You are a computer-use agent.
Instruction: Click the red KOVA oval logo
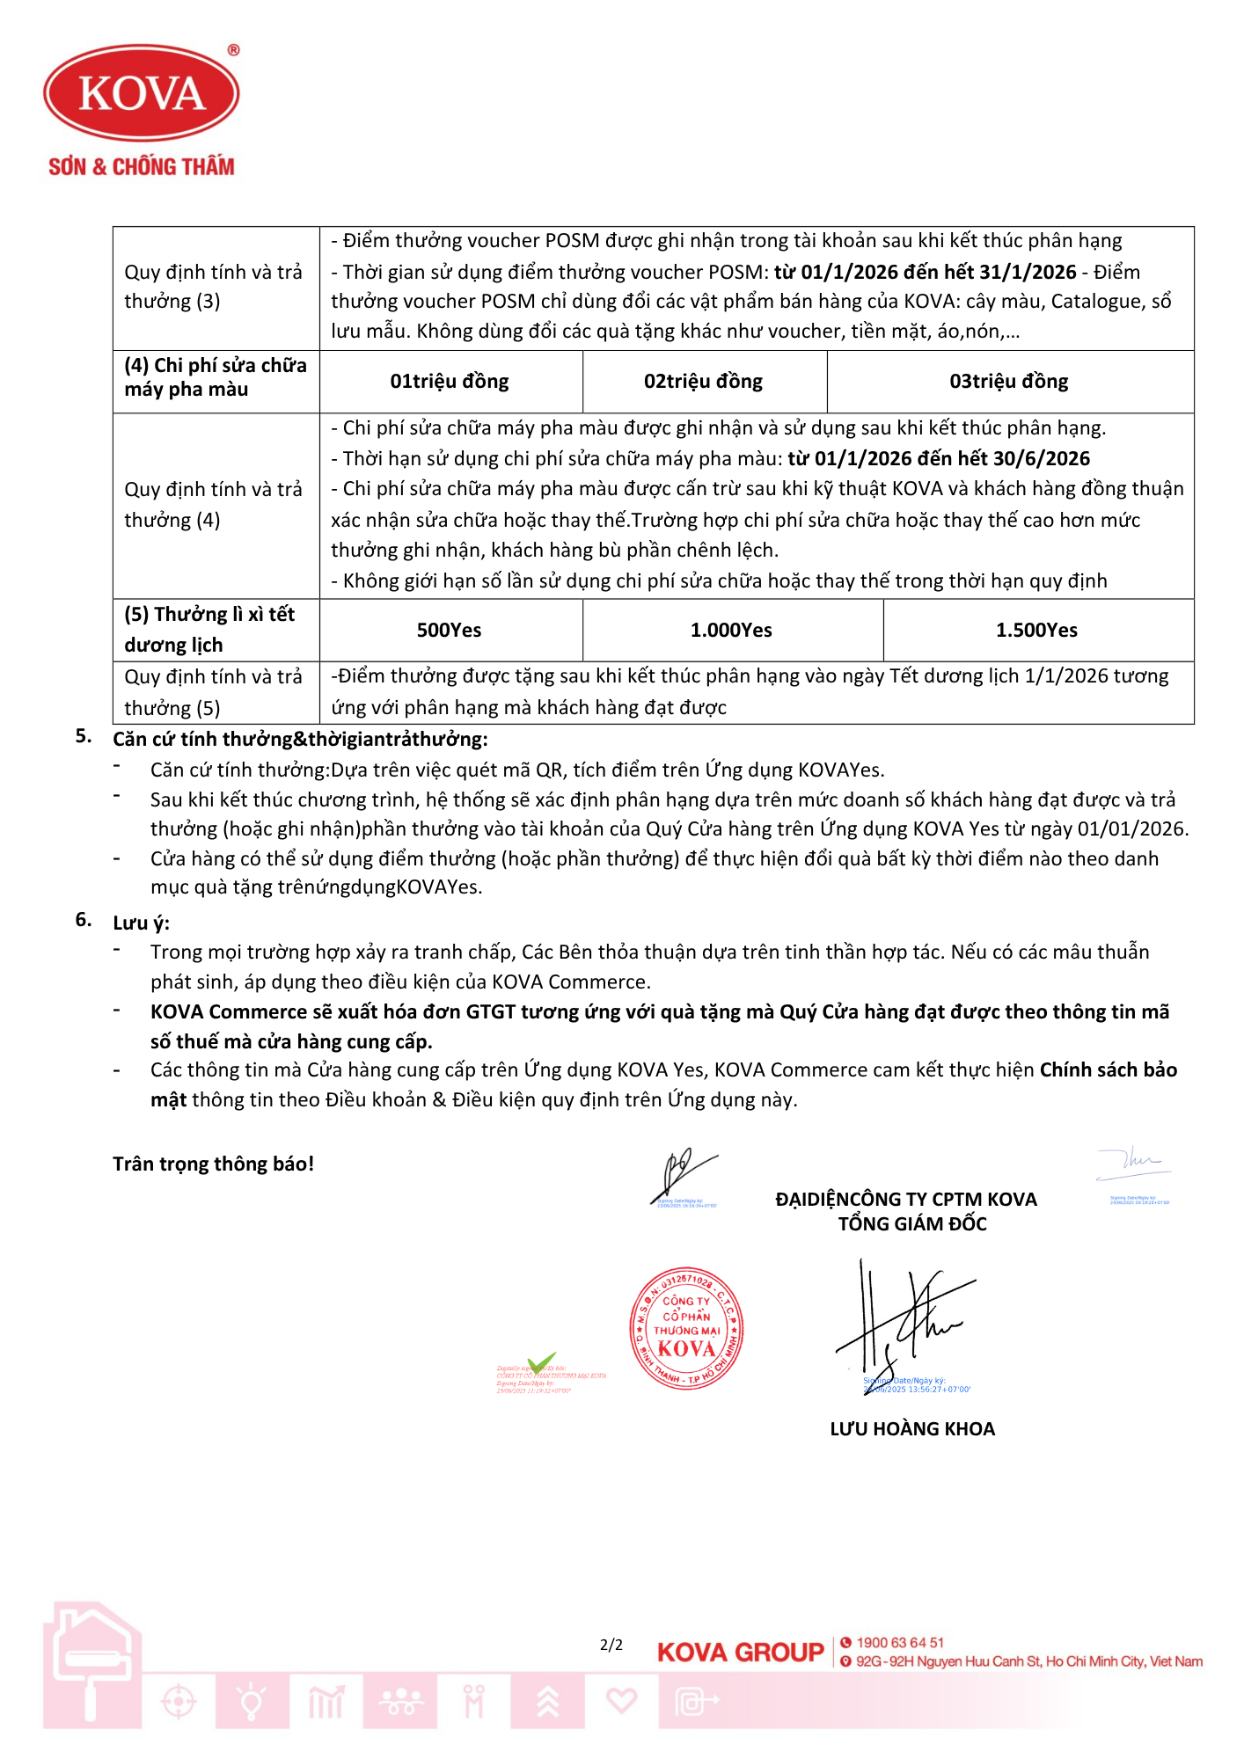tap(142, 93)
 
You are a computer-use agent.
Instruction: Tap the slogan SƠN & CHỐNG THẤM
tap(142, 166)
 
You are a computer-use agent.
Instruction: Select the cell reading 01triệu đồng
tap(450, 382)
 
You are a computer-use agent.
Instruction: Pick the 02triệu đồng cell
tap(703, 382)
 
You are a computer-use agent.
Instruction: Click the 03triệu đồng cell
tap(1008, 382)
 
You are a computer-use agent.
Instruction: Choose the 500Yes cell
tap(449, 630)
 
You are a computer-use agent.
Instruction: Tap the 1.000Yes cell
tap(731, 630)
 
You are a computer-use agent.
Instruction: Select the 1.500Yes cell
tap(1036, 630)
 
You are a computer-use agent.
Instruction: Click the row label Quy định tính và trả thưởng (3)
tap(214, 287)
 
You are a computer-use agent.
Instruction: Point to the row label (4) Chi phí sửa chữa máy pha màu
tap(215, 377)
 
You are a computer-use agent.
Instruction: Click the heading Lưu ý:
tap(141, 923)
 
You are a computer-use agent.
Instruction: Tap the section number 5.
tap(83, 736)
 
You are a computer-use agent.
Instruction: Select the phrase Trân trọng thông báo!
tap(213, 1164)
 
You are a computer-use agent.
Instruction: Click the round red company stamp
tap(687, 1328)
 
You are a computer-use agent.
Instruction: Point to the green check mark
tap(541, 1362)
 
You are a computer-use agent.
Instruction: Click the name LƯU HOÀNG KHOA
tap(912, 1429)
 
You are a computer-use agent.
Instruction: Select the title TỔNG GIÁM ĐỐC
tap(912, 1223)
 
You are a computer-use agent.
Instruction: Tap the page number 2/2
tap(611, 1645)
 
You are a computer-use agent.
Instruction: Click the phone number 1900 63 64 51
tap(900, 1643)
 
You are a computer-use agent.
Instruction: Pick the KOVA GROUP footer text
tap(740, 1653)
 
